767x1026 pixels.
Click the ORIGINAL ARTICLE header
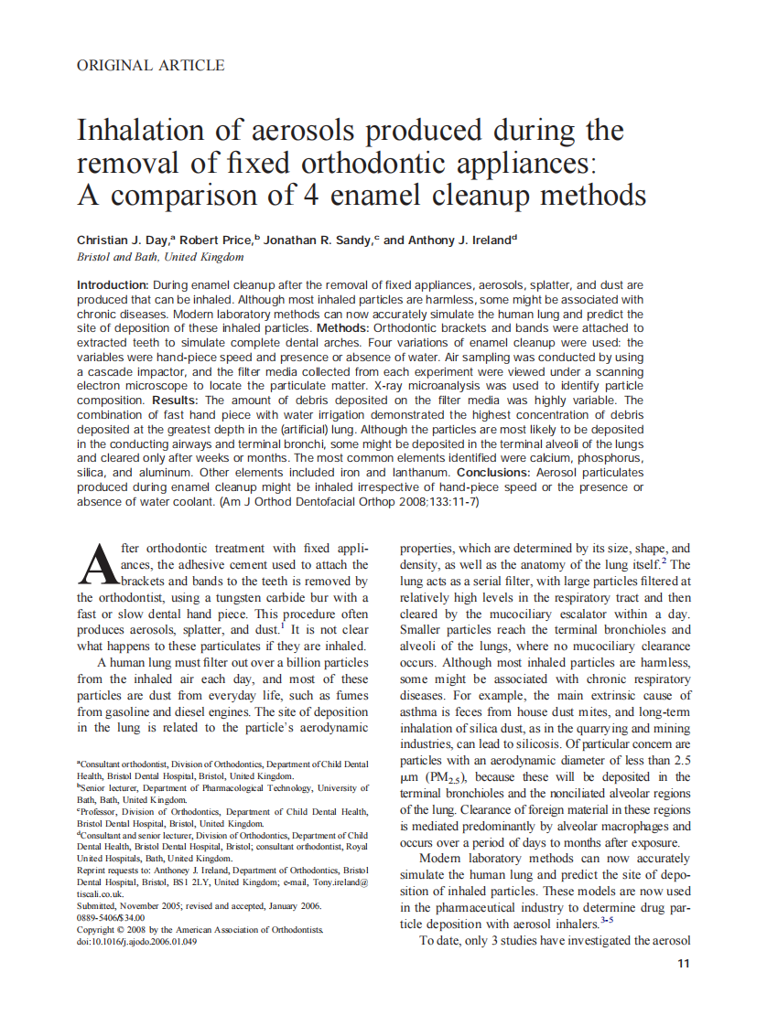coord(150,65)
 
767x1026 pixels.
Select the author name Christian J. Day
coord(124,240)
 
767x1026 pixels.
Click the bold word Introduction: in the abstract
coord(113,286)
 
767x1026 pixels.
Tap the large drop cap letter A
coord(95,564)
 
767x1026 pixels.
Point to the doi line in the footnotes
coord(136,941)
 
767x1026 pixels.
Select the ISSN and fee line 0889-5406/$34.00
coord(111,917)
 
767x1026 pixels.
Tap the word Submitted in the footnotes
coord(96,905)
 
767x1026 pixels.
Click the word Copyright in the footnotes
coord(98,929)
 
